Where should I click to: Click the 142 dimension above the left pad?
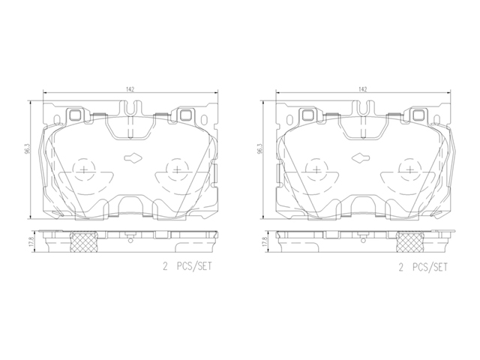pos(130,89)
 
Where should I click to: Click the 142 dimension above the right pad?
pos(363,89)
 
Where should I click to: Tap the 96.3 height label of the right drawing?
pos(260,148)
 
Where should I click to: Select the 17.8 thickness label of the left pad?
pos(31,241)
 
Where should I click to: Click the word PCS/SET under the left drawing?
pos(194,266)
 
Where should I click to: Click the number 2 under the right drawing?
pos(401,268)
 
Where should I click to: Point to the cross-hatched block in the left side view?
pos(84,241)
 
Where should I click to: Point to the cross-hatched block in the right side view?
pos(410,241)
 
